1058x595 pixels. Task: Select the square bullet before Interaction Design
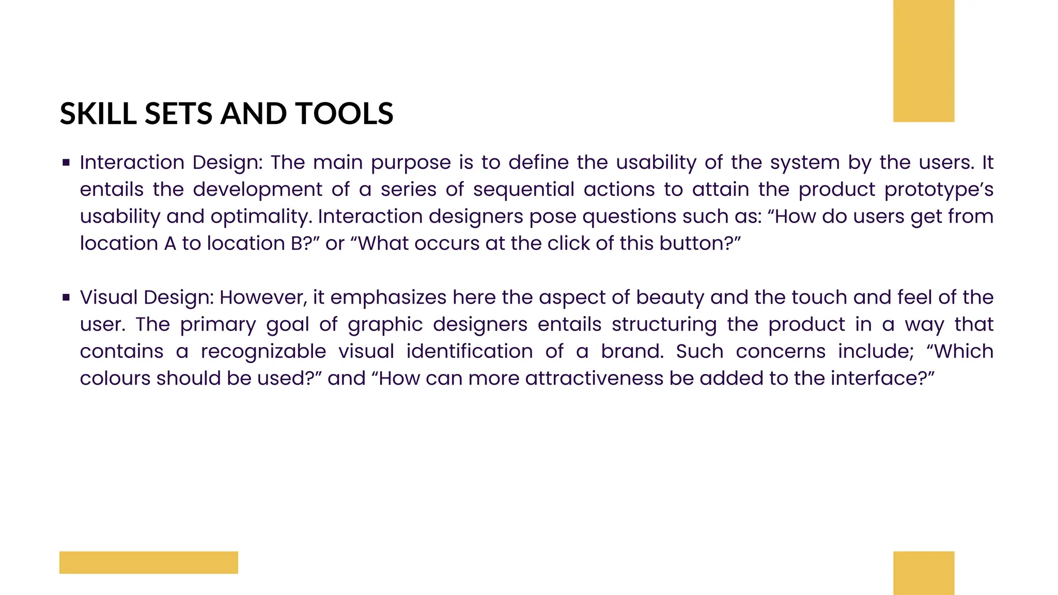66,163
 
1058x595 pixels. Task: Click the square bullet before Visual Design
66,297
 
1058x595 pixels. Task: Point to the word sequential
523,190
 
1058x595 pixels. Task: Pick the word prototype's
939,190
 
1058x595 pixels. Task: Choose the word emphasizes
388,298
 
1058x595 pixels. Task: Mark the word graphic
385,325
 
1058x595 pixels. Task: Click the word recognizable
263,352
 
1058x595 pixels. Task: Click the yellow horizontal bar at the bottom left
149,562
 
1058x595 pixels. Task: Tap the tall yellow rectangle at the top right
924,61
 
